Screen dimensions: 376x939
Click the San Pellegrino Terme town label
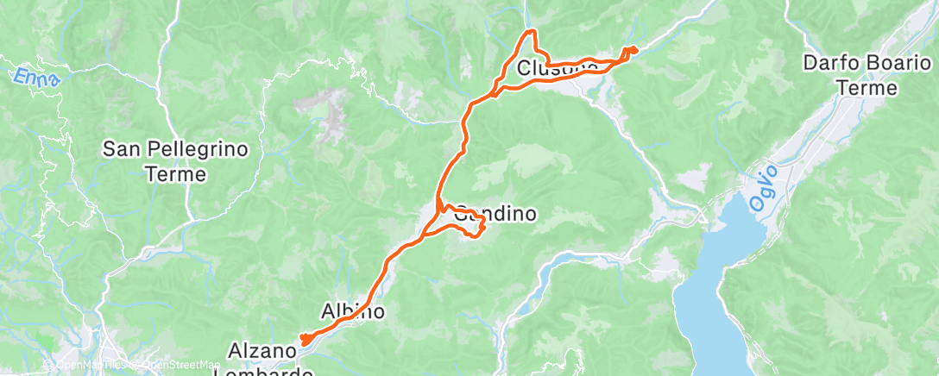[x=175, y=161]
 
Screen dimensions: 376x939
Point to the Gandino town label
[x=495, y=214]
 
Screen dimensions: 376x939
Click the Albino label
[x=352, y=311]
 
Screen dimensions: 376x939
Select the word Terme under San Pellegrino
[x=175, y=174]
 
